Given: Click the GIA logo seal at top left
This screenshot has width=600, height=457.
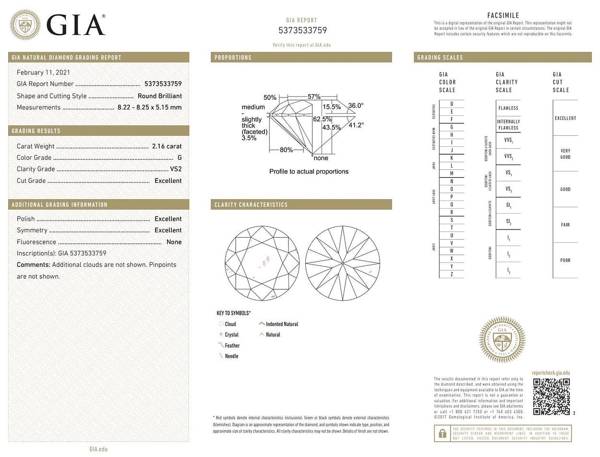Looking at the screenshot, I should tap(25, 24).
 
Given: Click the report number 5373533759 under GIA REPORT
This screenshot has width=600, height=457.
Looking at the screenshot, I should tap(302, 30).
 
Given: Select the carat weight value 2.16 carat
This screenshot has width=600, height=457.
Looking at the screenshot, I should tap(167, 146).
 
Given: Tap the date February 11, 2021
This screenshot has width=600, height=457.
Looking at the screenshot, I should tap(43, 72).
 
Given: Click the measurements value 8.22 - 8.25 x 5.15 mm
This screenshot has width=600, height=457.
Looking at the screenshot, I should tap(149, 108).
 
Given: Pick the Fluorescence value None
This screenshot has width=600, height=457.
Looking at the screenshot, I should tap(174, 242).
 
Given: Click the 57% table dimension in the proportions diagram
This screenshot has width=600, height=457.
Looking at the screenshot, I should tap(314, 96).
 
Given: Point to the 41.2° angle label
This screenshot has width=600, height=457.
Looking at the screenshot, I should tap(356, 125).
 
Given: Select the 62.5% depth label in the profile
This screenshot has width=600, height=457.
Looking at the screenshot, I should tap(323, 119).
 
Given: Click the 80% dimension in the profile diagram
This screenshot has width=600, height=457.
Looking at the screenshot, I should tap(286, 150).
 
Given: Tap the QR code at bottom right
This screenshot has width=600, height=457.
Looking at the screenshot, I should tap(551, 397).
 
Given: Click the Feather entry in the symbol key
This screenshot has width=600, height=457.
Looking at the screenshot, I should tap(232, 346).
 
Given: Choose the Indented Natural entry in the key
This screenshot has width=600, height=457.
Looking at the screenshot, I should tap(282, 324).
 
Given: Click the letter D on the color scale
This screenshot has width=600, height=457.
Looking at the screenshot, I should tap(452, 104).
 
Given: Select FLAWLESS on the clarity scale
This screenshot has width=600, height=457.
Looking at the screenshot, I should tap(508, 108).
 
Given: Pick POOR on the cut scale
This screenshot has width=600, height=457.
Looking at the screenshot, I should tap(565, 260).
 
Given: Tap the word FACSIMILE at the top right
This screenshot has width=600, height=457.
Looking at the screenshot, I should tap(503, 15).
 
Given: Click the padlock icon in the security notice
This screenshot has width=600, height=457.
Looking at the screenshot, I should tap(441, 434).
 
